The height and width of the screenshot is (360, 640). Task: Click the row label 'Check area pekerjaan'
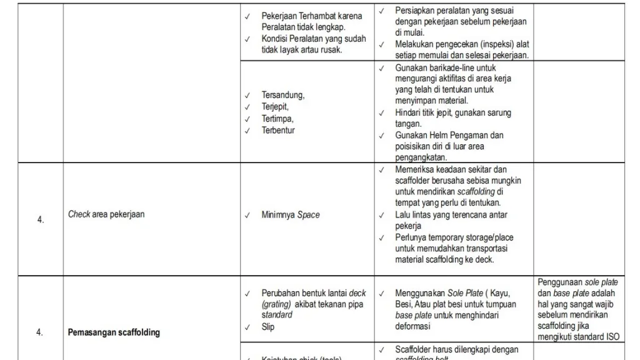[x=106, y=214]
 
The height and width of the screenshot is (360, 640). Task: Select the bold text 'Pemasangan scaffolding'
[x=114, y=332]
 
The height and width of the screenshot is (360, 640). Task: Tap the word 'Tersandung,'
[x=282, y=95]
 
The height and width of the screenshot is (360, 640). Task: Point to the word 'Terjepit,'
[x=275, y=107]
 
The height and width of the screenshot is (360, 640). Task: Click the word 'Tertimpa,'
[x=277, y=119]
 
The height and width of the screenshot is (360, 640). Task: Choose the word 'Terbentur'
[x=278, y=131]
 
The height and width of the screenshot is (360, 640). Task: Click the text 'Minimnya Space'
[x=291, y=215]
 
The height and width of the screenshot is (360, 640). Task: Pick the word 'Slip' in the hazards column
[x=268, y=327]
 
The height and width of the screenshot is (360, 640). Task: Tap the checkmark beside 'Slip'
[x=247, y=327]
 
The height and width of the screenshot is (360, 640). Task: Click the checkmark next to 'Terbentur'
[x=247, y=131]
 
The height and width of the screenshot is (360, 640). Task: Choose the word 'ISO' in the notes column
[x=614, y=337]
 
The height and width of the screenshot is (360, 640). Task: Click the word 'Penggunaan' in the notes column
[x=560, y=282]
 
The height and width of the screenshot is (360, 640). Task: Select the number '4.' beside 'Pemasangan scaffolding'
[x=40, y=332]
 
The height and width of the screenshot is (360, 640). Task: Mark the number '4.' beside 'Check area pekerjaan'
[x=40, y=220]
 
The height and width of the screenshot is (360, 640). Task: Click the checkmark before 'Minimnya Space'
[x=247, y=215]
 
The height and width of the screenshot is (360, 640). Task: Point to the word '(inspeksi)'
[x=491, y=44]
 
